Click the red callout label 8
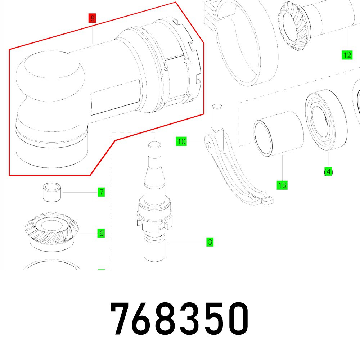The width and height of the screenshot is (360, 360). pyautogui.click(x=93, y=18)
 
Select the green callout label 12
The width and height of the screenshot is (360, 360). pyautogui.click(x=347, y=55)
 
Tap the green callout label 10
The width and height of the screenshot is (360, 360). pyautogui.click(x=182, y=141)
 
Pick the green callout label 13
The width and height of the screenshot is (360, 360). pyautogui.click(x=282, y=185)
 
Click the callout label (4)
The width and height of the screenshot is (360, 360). pyautogui.click(x=328, y=172)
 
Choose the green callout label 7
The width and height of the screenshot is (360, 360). pyautogui.click(x=101, y=192)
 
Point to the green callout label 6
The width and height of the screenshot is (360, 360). pyautogui.click(x=101, y=233)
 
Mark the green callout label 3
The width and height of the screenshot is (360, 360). pyautogui.click(x=210, y=242)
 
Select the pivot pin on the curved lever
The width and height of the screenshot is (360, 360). pyautogui.click(x=209, y=144)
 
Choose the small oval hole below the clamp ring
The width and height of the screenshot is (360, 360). pyautogui.click(x=216, y=107)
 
